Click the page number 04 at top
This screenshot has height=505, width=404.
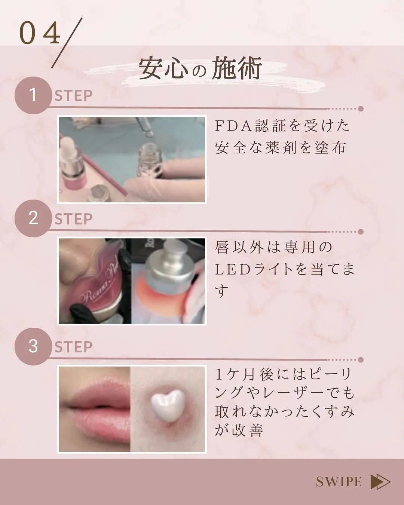point(40,34)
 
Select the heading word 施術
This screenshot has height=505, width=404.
point(236,68)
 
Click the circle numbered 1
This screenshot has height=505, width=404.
point(33,95)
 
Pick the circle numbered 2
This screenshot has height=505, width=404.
point(33,218)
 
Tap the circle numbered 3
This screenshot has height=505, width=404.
point(33,346)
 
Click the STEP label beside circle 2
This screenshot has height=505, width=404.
point(73,219)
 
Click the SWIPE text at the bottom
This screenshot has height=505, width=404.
point(339,482)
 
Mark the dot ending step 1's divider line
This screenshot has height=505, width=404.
point(361,109)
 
